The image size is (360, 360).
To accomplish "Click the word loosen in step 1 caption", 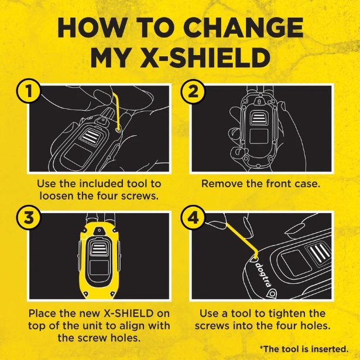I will (56, 196).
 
